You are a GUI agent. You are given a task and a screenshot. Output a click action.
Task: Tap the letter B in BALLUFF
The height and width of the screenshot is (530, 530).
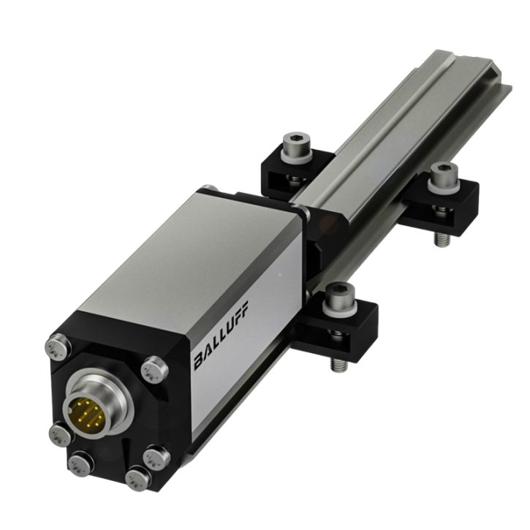tap(200, 362)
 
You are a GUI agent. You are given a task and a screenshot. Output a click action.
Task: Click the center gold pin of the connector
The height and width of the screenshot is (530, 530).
tap(86, 413)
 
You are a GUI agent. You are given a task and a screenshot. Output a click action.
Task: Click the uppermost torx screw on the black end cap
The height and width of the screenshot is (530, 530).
tap(58, 347)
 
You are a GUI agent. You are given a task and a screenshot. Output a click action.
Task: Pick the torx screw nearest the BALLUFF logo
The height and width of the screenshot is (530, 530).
tap(154, 370)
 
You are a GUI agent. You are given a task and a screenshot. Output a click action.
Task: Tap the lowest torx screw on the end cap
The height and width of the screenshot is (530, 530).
tap(139, 479)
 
